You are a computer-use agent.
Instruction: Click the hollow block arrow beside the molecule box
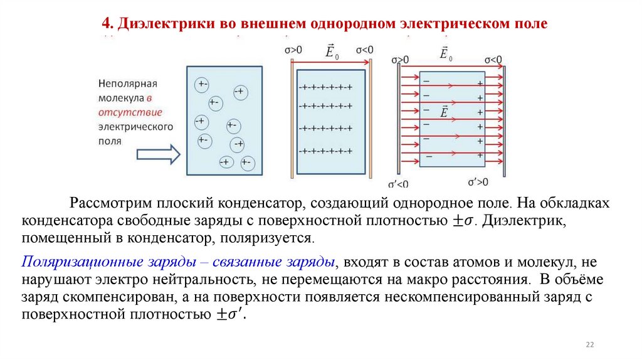click(x=158, y=154)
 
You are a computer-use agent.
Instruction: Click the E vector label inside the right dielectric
click(x=445, y=112)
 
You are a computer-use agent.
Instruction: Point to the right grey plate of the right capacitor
click(x=503, y=119)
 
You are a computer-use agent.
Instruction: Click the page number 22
click(x=589, y=344)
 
